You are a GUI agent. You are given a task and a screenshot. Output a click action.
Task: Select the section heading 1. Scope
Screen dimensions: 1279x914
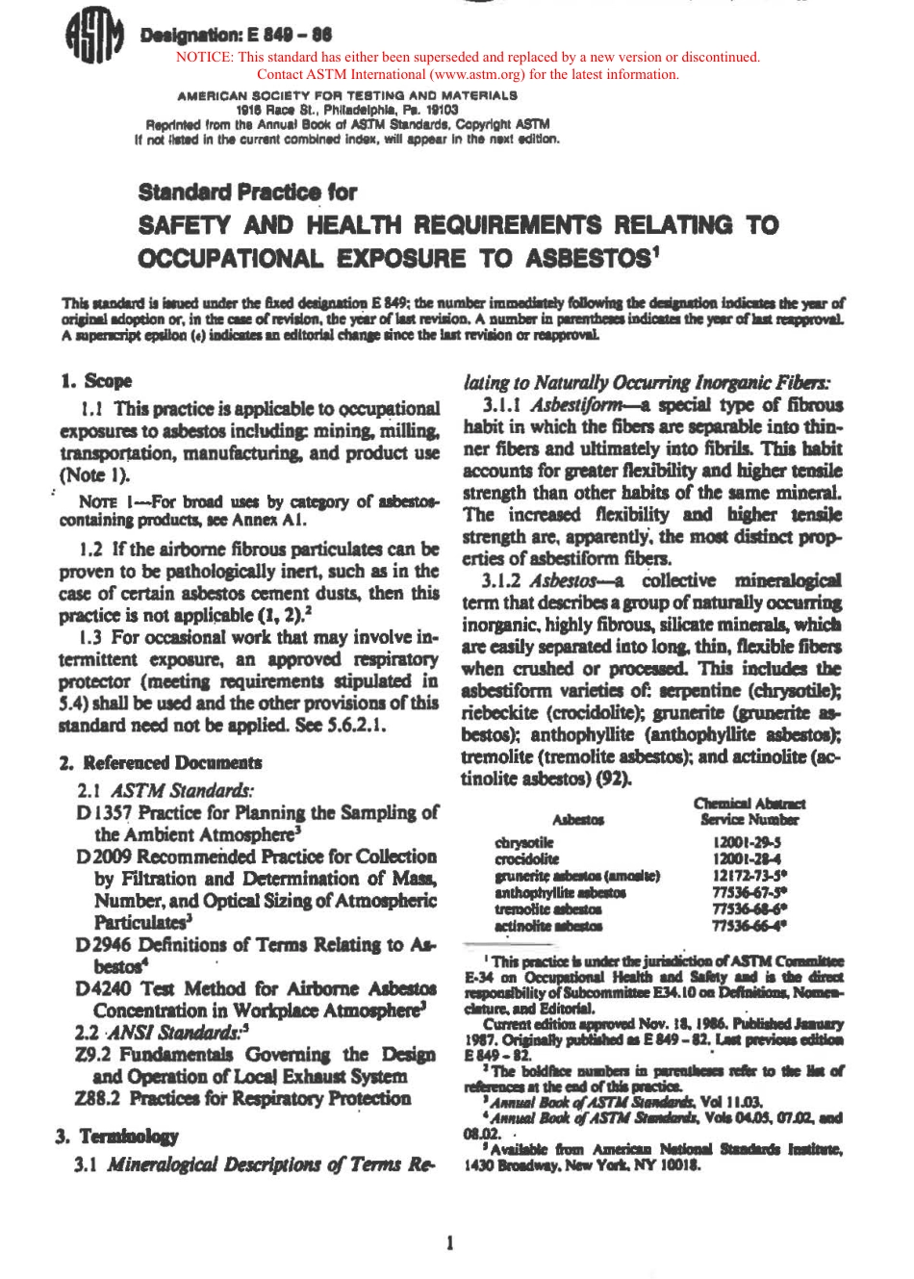tap(96, 380)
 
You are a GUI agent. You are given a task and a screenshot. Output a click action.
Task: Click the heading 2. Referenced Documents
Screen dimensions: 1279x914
tap(160, 762)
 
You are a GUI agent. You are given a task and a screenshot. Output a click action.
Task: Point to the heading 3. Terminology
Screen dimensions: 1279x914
tap(117, 1136)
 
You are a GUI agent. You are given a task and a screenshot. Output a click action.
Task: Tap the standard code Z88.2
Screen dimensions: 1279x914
tap(98, 1098)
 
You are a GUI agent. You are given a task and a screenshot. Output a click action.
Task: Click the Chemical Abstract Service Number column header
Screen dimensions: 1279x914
tap(749, 810)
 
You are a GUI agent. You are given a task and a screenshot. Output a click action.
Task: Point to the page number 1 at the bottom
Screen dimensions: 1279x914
tap(449, 1242)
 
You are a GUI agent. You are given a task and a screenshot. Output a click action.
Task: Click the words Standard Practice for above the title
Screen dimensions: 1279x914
tap(248, 192)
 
